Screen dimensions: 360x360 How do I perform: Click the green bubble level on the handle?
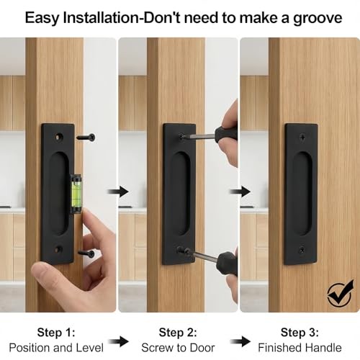point(76,194)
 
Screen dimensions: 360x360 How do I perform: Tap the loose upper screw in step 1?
point(86,138)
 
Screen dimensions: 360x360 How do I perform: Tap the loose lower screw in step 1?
point(86,253)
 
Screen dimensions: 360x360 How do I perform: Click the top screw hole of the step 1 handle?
point(59,137)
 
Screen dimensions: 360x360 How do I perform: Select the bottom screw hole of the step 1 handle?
point(58,250)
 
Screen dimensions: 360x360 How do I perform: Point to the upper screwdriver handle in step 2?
point(226,133)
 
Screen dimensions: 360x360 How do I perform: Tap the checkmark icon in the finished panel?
point(341,293)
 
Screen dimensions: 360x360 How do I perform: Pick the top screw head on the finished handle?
point(303,138)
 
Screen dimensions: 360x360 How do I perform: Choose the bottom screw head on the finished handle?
point(302,251)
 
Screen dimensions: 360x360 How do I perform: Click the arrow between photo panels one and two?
point(118,192)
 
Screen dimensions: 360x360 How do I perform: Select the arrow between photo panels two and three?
point(240,192)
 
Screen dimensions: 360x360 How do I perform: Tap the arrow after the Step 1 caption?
point(119,341)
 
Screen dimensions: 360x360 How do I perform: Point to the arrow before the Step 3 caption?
point(240,341)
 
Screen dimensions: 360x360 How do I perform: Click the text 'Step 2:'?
point(178,333)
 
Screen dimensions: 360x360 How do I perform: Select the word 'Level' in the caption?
point(89,348)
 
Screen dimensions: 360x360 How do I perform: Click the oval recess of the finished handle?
point(302,194)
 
